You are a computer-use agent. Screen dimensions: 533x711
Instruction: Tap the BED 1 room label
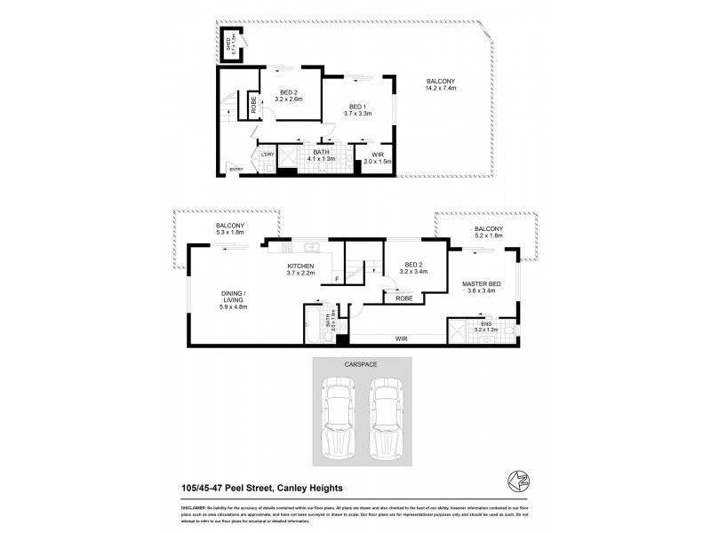coord(358,108)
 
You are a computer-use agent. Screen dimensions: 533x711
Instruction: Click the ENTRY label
coord(236,169)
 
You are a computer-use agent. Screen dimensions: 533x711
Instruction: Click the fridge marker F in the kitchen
coord(337,281)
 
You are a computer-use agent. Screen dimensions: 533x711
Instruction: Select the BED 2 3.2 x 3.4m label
coord(414,269)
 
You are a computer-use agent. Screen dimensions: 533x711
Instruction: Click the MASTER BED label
coord(481,287)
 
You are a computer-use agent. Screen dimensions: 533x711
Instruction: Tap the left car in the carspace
coord(338,414)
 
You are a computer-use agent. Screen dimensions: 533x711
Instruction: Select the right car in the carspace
coord(386,414)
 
